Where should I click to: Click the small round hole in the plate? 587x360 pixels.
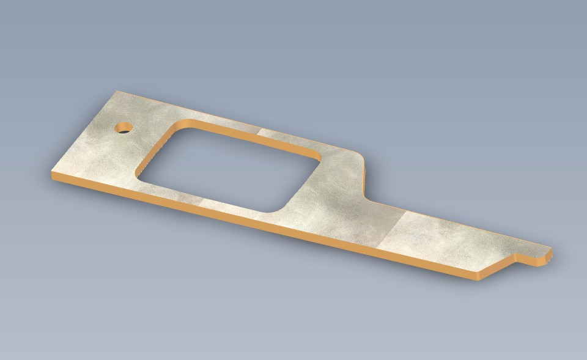pos(124,128)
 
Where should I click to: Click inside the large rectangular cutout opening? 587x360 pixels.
pos(226,168)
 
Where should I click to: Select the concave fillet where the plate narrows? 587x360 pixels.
pos(371,197)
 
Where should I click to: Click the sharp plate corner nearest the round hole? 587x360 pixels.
pos(117,92)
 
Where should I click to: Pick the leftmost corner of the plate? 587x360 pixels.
pos(51,175)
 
